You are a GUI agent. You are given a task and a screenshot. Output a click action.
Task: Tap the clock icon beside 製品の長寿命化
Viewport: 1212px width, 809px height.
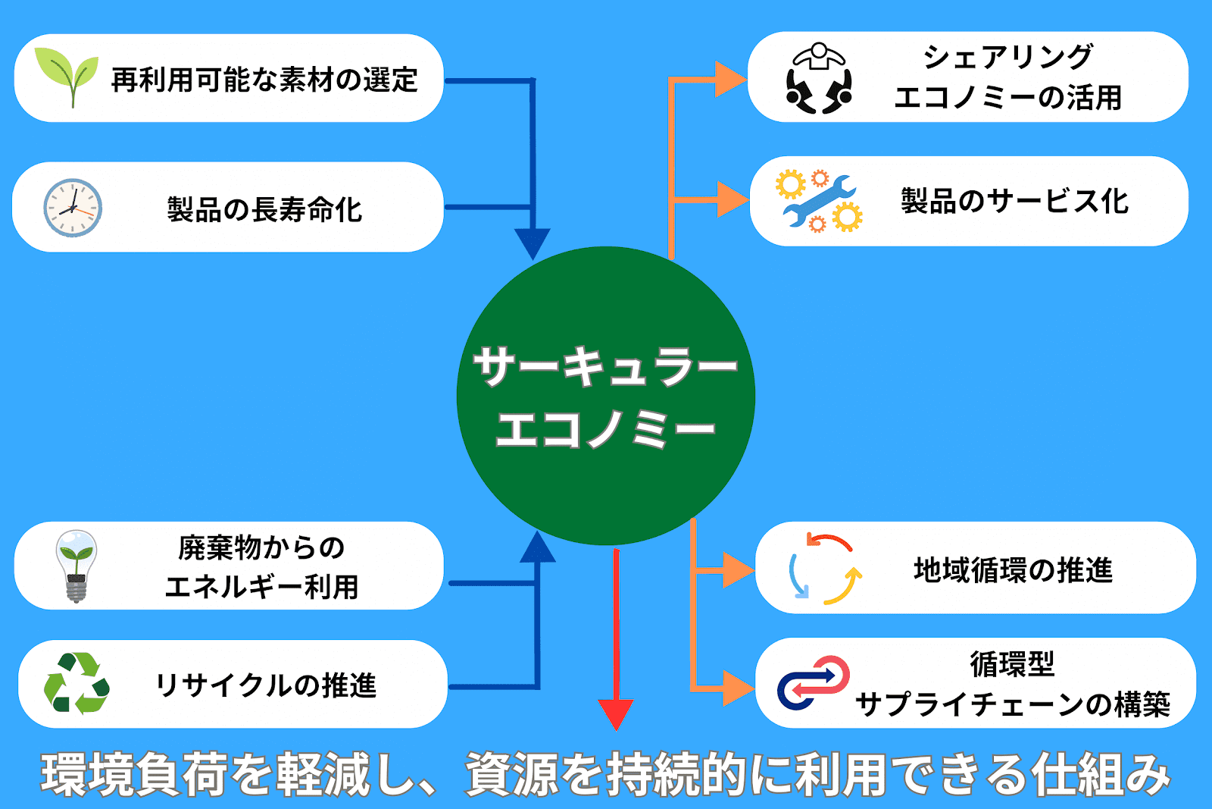pyautogui.click(x=73, y=208)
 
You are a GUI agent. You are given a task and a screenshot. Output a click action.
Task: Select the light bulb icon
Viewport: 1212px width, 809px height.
pyautogui.click(x=76, y=565)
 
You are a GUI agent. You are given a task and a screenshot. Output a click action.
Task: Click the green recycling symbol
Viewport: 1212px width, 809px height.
pyautogui.click(x=76, y=683)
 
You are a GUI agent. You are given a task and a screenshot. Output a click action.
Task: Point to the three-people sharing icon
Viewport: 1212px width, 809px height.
pyautogui.click(x=819, y=78)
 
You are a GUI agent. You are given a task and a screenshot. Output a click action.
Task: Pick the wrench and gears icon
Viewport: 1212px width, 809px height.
pyautogui.click(x=819, y=201)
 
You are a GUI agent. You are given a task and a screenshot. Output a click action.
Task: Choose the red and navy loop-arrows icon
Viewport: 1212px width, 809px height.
pyautogui.click(x=813, y=682)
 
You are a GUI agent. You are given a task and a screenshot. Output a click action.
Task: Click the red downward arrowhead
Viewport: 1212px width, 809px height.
pyautogui.click(x=616, y=713)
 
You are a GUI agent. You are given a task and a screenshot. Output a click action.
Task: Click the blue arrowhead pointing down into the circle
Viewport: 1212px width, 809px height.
pyautogui.click(x=533, y=243)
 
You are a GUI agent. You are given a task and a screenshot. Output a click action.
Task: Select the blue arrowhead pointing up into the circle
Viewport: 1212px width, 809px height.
pyautogui.click(x=538, y=547)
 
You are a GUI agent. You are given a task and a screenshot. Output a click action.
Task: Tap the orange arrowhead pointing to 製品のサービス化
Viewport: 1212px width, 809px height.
pyautogui.click(x=731, y=199)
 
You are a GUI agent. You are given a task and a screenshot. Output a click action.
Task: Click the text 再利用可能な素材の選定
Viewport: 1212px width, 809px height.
pyautogui.click(x=264, y=80)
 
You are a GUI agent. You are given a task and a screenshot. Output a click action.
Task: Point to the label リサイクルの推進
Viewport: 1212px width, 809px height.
pyautogui.click(x=265, y=685)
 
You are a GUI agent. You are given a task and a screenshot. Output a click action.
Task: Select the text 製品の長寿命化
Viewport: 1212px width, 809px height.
pyautogui.click(x=264, y=209)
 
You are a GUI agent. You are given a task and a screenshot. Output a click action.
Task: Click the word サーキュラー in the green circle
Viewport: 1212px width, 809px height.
pyautogui.click(x=605, y=367)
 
